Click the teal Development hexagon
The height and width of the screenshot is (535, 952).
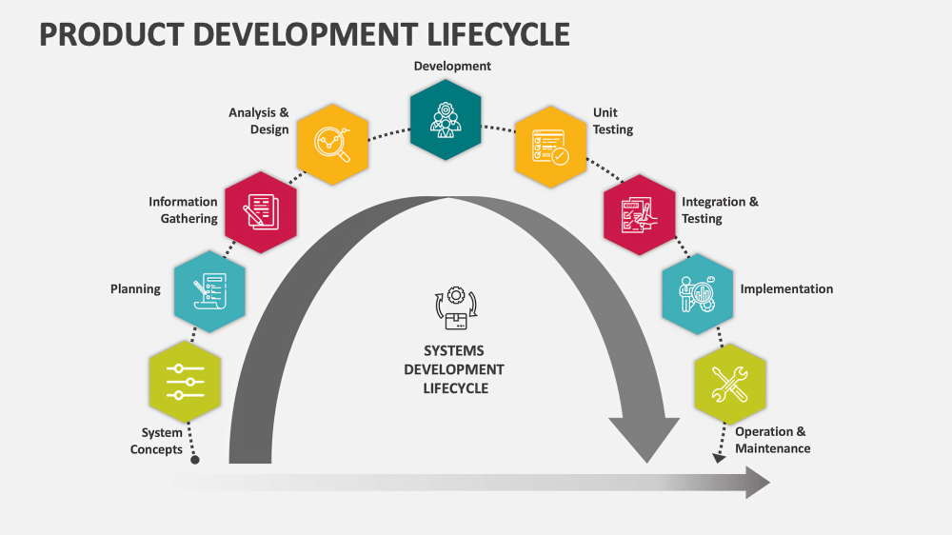445,119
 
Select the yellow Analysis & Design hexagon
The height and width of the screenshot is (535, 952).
332,144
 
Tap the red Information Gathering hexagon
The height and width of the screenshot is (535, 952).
260,212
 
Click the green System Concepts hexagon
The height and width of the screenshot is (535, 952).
185,382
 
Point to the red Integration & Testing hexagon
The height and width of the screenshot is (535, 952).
639,213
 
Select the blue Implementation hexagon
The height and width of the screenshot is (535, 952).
697,293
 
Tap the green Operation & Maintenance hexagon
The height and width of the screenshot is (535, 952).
730,383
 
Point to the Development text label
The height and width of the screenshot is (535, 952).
452,66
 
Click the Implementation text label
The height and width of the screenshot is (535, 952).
786,289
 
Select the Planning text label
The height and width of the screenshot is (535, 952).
135,288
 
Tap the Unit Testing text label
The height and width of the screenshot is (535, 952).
612,121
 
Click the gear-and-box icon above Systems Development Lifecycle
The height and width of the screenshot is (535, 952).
454,309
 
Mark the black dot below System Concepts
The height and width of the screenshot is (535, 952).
195,460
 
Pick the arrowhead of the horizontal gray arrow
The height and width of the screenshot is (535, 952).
757,483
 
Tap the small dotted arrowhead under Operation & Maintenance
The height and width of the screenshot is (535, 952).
719,457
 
